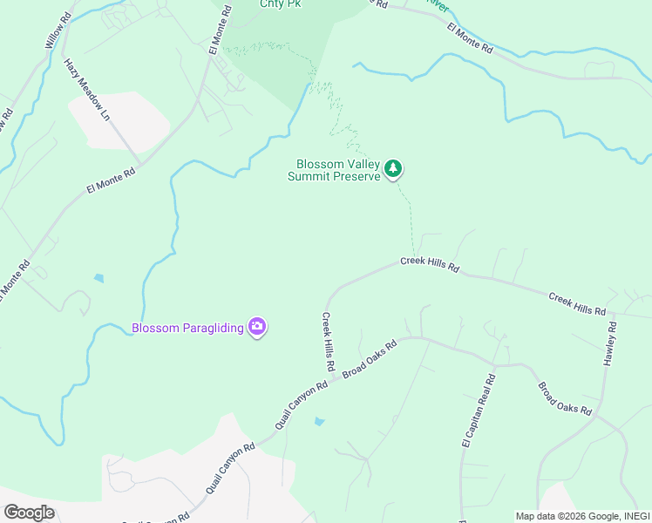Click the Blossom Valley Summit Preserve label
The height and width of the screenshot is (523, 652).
(336, 169)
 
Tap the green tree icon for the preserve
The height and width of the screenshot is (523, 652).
(394, 168)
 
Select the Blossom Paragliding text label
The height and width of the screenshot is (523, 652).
(187, 328)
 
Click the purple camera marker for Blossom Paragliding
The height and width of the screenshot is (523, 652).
(257, 328)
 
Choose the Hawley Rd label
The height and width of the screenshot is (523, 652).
(612, 343)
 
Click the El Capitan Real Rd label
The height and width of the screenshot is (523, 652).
(478, 412)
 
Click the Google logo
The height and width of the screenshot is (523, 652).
(30, 513)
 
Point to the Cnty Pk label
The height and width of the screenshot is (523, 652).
(281, 3)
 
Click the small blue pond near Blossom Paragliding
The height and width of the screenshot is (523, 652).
(98, 279)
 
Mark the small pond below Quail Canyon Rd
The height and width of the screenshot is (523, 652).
(318, 421)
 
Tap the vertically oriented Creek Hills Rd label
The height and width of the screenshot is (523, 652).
(328, 341)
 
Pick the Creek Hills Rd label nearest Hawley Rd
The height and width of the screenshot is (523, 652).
(576, 304)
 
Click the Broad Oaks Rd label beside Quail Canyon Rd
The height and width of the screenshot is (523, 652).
(369, 359)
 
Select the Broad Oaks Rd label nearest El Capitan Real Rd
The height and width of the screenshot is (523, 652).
(564, 398)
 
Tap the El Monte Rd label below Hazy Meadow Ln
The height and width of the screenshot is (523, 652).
(112, 180)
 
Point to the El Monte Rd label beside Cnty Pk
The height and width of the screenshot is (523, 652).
(219, 31)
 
